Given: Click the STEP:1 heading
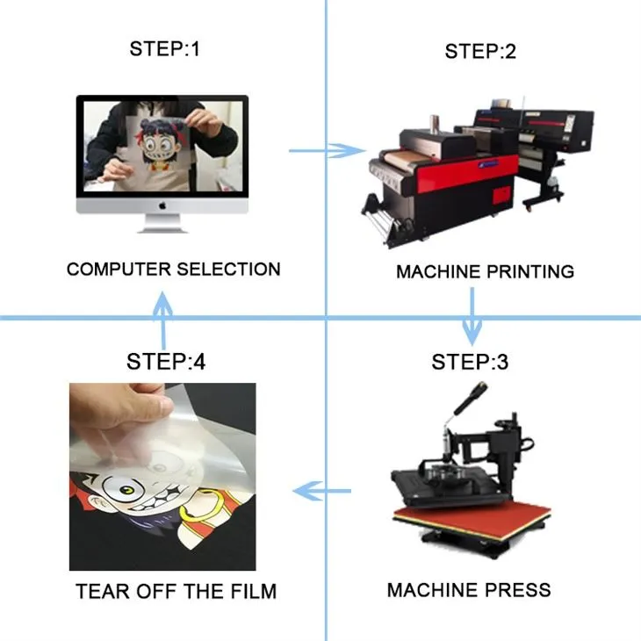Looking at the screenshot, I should click(x=165, y=48).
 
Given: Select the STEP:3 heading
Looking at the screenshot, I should click(x=470, y=362).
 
